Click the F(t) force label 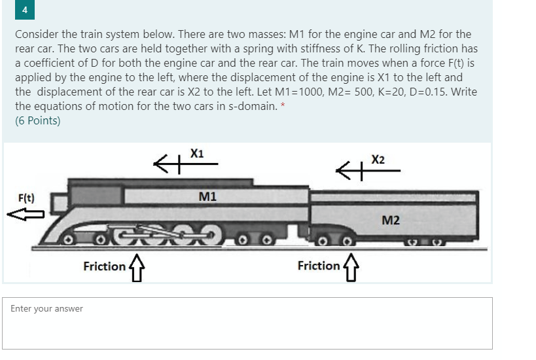click(x=26, y=198)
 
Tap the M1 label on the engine click(x=207, y=196)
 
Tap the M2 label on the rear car click(x=390, y=220)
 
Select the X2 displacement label click(x=378, y=160)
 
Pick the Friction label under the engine click(x=104, y=266)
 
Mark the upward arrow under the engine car click(x=136, y=267)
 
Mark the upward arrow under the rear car click(x=350, y=267)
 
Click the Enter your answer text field click(x=247, y=323)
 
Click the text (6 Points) click(x=38, y=120)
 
